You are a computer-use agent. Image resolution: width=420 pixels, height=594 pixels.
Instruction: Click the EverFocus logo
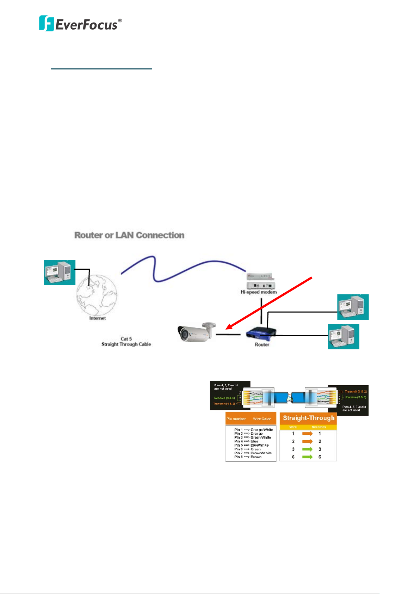click(80, 24)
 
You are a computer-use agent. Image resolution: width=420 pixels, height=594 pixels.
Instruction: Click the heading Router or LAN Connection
click(129, 235)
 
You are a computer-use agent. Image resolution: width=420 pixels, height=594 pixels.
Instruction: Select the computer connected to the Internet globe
click(60, 272)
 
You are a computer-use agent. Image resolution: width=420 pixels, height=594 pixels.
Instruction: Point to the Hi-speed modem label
click(259, 292)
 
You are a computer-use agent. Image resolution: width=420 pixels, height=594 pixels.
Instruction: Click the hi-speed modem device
click(261, 281)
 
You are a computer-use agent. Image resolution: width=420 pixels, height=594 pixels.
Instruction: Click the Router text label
click(262, 345)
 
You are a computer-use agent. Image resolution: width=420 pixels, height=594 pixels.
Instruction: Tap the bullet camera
click(196, 332)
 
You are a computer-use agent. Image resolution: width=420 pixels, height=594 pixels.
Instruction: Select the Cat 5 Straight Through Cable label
click(126, 342)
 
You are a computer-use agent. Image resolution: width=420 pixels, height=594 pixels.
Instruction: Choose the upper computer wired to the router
click(353, 307)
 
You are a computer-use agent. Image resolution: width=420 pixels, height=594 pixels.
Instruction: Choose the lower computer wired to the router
click(344, 337)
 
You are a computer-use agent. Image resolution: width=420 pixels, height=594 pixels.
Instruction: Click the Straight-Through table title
click(309, 418)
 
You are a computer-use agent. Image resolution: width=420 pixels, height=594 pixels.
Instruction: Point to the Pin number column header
click(236, 419)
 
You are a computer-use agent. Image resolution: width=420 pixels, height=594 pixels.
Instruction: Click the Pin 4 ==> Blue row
click(246, 441)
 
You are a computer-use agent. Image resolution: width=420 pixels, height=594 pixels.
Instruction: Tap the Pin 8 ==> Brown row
click(248, 457)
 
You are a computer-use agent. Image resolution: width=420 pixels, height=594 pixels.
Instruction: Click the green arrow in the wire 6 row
click(307, 457)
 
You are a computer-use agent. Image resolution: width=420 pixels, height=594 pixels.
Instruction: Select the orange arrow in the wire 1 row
click(307, 434)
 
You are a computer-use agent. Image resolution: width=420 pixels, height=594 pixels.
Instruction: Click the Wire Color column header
click(262, 419)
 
